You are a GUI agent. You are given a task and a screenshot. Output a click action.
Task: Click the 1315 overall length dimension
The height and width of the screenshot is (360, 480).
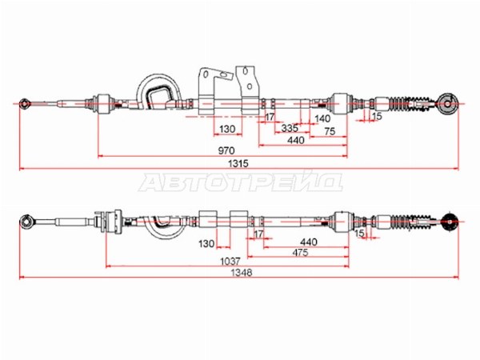(x=238, y=163)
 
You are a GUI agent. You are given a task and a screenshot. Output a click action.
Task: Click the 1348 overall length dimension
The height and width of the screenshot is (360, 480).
(x=242, y=273)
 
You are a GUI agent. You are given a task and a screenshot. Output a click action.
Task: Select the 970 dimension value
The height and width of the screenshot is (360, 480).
(x=226, y=150)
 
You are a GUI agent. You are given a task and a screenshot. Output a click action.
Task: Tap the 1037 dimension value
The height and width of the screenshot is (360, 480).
(x=230, y=262)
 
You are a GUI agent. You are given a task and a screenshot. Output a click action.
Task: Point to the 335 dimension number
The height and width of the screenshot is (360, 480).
(x=290, y=128)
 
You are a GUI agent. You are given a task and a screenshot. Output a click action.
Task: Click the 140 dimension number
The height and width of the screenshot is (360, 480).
(x=322, y=118)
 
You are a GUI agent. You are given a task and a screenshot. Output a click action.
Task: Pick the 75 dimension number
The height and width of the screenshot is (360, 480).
(x=330, y=132)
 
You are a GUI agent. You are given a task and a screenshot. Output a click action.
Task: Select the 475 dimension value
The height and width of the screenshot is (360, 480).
(x=300, y=253)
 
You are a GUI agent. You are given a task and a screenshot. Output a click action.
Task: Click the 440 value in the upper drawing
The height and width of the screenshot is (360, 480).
(x=296, y=141)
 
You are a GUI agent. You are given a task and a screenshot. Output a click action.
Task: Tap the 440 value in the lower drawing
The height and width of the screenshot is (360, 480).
(x=309, y=242)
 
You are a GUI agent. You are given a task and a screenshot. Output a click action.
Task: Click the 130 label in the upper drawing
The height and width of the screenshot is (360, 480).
(x=227, y=129)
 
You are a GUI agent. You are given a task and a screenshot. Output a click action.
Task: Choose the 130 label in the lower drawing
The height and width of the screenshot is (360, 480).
(x=206, y=244)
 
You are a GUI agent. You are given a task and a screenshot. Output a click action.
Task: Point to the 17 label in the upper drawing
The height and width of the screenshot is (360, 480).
(x=270, y=117)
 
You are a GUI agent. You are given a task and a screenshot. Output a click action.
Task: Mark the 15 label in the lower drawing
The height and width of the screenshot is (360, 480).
(x=359, y=234)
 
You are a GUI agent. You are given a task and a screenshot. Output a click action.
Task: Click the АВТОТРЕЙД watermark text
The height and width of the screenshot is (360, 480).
(x=241, y=182)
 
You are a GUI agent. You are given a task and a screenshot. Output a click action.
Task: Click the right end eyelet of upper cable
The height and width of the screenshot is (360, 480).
(x=447, y=104)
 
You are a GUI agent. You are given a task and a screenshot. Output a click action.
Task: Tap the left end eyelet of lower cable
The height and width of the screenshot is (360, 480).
(x=26, y=221)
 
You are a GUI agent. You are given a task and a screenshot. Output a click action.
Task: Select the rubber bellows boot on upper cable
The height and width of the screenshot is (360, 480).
(x=410, y=104)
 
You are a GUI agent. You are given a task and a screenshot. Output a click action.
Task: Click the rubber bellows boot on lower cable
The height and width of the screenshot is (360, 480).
(x=413, y=222)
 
